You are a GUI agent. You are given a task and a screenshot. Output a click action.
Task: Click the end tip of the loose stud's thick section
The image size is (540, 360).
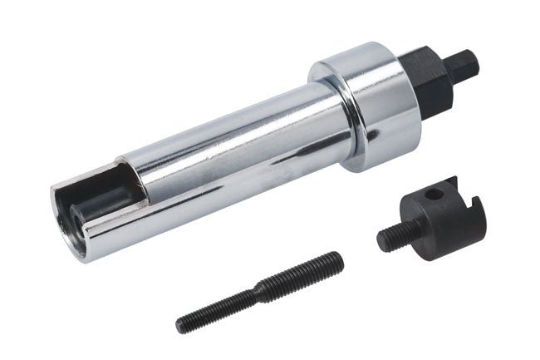pos(338,259)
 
